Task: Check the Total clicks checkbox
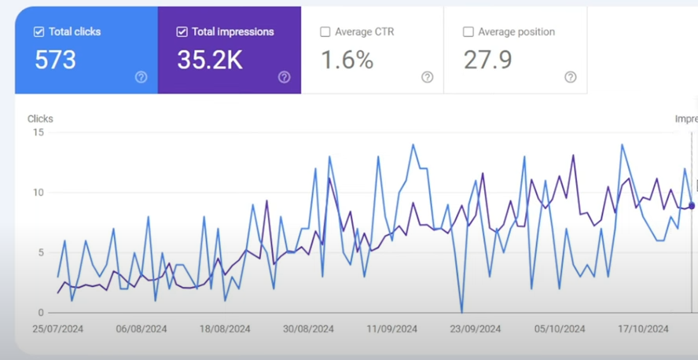point(39,32)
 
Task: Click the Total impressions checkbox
point(182,32)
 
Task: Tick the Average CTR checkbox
point(325,32)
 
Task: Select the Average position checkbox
point(468,32)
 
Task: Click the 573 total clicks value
point(55,61)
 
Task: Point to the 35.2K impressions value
point(210,61)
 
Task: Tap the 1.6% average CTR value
point(347,61)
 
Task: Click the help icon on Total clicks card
point(141,77)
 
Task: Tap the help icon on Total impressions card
point(285,77)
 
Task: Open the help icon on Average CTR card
point(428,77)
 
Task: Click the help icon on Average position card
point(571,77)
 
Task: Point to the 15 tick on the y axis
point(39,132)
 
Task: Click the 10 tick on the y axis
point(39,193)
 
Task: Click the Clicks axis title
point(40,119)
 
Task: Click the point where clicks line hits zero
point(461,312)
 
